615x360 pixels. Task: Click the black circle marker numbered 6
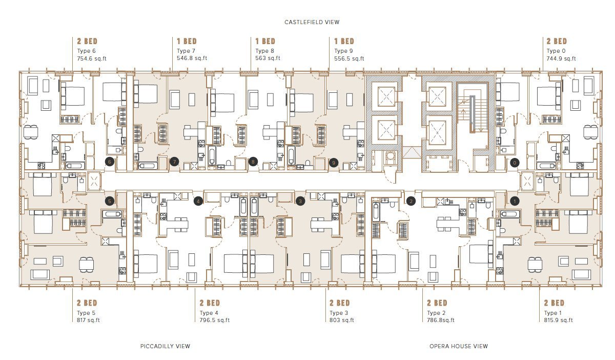(x=110, y=162)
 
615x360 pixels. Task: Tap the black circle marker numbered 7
(x=174, y=162)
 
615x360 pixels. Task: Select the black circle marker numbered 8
(x=253, y=162)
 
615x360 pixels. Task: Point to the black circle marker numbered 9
(x=334, y=163)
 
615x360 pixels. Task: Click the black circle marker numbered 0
(x=515, y=163)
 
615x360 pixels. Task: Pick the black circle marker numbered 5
(x=110, y=201)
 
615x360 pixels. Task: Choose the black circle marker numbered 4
(x=198, y=201)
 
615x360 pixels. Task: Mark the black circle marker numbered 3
(x=300, y=201)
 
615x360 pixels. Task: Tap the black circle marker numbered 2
(x=411, y=201)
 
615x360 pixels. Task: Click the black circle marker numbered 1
(x=515, y=201)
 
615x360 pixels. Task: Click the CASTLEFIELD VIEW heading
(x=312, y=22)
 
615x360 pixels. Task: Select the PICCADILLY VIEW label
(x=165, y=346)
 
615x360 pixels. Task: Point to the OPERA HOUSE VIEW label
(x=459, y=346)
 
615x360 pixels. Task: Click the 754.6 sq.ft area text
(x=92, y=58)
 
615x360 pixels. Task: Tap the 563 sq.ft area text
(x=268, y=58)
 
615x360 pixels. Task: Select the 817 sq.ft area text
(x=88, y=320)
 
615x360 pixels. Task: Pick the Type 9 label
(x=343, y=51)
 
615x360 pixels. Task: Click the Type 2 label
(x=436, y=313)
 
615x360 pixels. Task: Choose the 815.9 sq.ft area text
(x=559, y=320)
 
